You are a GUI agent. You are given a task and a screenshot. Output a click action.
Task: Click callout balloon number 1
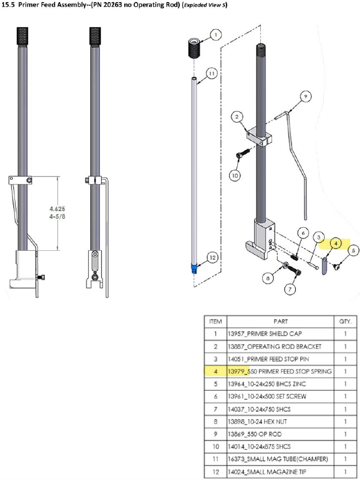216,35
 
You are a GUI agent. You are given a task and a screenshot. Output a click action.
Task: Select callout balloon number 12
212,257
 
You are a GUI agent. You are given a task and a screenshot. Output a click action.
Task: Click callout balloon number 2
237,117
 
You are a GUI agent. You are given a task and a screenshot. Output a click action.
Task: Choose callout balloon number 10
235,175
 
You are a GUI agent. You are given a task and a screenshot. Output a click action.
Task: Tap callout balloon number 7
291,289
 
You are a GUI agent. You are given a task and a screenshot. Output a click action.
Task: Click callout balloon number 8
267,278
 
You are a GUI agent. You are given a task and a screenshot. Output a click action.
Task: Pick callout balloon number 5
353,250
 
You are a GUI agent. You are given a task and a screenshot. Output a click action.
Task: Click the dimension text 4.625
58,209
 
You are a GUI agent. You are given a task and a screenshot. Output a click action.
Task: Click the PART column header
280,321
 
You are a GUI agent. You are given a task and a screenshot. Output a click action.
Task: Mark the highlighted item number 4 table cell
216,371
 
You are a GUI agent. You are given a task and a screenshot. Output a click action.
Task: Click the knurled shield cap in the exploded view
195,49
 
